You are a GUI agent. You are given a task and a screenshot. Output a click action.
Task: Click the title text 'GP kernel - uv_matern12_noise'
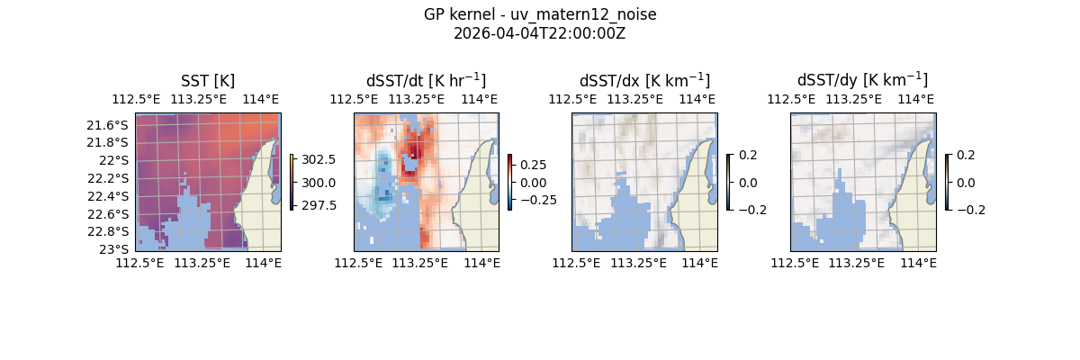pyautogui.click(x=539, y=15)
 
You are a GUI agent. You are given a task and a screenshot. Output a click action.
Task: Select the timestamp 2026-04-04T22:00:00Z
pyautogui.click(x=539, y=33)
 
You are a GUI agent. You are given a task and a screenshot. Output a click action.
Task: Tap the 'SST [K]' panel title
pyautogui.click(x=208, y=80)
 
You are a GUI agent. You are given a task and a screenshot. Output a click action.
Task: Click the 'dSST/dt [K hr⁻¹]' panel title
pyautogui.click(x=426, y=80)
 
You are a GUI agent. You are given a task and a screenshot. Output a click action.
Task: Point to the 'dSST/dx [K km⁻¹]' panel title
pyautogui.click(x=644, y=80)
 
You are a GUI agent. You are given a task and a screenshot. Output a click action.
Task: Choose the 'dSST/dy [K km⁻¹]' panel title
pyautogui.click(x=862, y=80)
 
